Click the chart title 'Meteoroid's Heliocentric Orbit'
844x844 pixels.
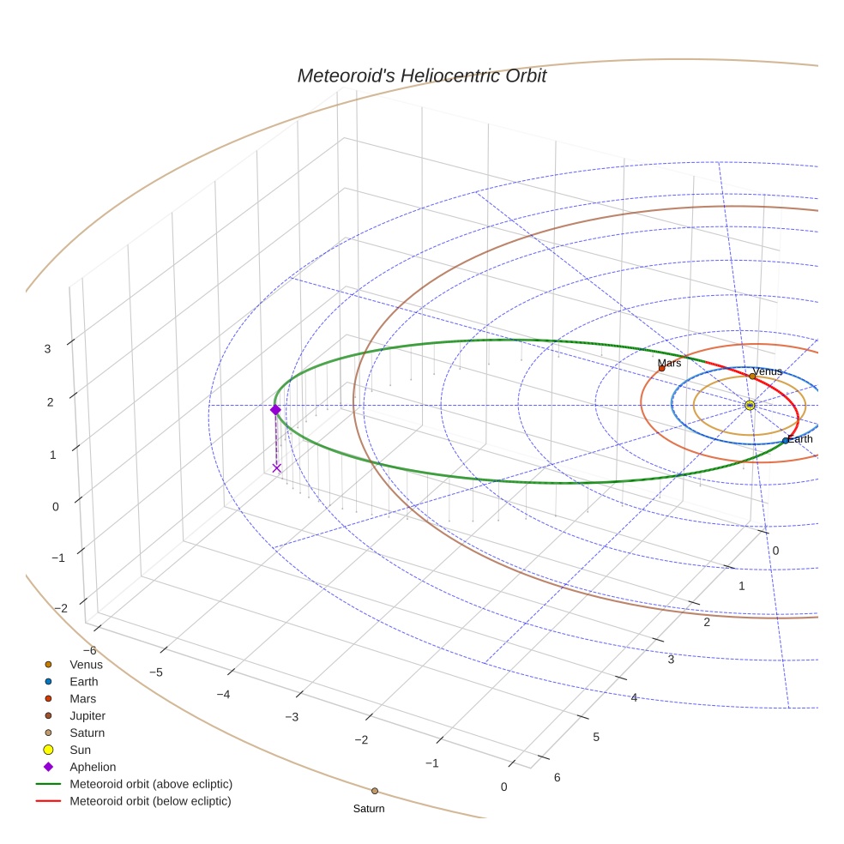point(421,75)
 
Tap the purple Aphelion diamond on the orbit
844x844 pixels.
point(275,410)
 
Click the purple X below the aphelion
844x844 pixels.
point(276,467)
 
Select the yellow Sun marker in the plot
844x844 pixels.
point(750,405)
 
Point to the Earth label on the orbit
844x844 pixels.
point(800,439)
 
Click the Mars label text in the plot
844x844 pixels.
point(669,364)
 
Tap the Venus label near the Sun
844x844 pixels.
point(767,371)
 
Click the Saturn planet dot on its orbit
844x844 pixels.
point(375,791)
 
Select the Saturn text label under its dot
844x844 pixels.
point(369,809)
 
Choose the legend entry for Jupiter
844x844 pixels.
point(87,715)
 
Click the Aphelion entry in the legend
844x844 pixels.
point(93,767)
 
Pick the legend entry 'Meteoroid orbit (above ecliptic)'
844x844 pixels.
point(151,784)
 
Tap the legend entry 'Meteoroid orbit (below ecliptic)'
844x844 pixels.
point(150,801)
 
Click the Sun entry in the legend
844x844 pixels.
point(80,750)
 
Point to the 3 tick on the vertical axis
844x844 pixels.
point(48,348)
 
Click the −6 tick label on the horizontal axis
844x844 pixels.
point(89,651)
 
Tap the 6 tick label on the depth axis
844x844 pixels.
point(557,777)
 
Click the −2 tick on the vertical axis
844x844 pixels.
point(61,608)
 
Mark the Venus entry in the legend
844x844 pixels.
point(86,665)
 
